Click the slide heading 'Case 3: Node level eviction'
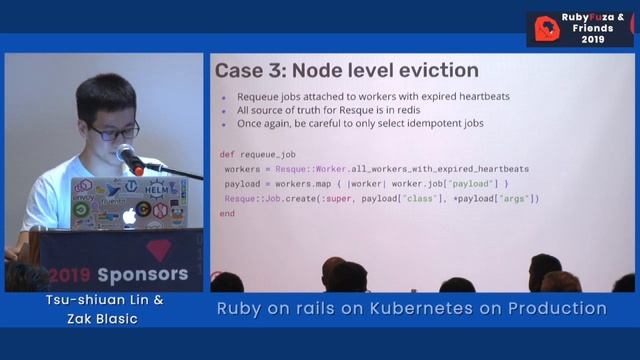347,71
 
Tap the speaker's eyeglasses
115,130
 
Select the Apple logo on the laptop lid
129,215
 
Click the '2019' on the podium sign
69,274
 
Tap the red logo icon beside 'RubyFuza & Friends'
546,28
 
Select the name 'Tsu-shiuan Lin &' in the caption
97,300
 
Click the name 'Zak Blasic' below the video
97,318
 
